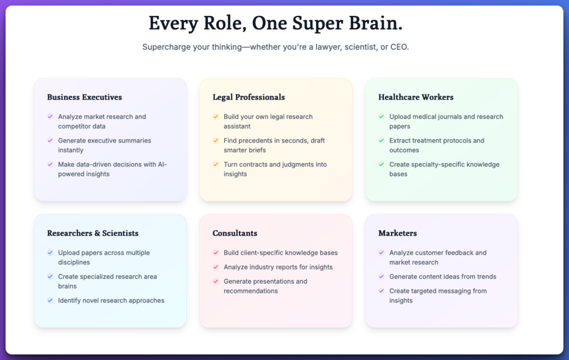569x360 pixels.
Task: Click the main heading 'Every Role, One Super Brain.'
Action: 276,23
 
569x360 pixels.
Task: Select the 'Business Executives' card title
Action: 84,97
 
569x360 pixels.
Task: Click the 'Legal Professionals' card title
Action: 249,97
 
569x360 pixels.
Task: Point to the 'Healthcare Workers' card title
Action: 416,97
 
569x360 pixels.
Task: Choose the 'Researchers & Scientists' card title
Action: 93,233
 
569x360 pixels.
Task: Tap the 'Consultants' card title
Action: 235,233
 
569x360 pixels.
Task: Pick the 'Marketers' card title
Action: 397,233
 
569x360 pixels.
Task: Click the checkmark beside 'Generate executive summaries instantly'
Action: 50,140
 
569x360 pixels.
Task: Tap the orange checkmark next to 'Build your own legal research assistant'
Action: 216,117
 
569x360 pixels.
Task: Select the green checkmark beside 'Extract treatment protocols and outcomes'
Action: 382,140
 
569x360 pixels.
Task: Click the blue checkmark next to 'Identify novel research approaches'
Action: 50,300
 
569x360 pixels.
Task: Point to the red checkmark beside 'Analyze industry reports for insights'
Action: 216,267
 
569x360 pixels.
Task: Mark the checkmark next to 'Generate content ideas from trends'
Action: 382,276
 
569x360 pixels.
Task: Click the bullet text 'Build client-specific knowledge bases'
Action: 280,253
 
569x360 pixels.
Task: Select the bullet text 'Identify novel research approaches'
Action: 111,301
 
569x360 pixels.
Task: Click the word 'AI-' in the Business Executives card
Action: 162,164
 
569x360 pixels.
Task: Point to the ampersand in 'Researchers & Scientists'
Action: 97,233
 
